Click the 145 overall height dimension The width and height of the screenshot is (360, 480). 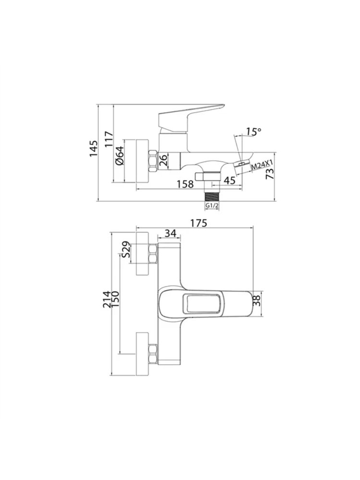[x=94, y=148]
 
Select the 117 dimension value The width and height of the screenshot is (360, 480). [x=109, y=140]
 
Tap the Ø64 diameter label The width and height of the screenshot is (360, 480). [x=120, y=156]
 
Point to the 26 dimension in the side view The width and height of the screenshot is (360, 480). [x=164, y=161]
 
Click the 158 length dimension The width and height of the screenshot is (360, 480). [x=185, y=184]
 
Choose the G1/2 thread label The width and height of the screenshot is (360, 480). [x=212, y=205]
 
